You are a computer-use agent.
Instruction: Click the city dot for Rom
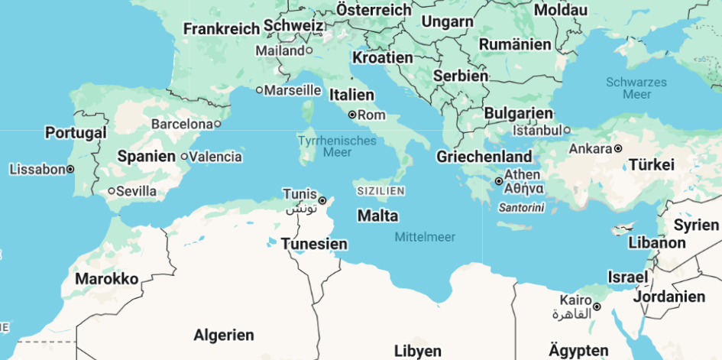[352, 115]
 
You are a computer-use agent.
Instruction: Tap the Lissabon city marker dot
[70, 169]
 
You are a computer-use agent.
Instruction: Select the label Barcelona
[181, 124]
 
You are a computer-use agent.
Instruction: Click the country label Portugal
[76, 133]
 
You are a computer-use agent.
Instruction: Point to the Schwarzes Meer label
[636, 88]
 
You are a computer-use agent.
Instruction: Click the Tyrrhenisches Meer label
[337, 147]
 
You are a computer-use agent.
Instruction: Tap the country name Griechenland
[484, 157]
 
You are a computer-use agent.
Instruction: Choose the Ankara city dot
[618, 148]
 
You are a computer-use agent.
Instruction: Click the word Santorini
[521, 207]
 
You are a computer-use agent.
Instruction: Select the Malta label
[377, 216]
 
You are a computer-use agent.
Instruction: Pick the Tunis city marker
[322, 200]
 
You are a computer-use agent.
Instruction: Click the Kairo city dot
[597, 307]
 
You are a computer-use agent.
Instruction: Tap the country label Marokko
[107, 279]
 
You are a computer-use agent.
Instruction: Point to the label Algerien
[224, 335]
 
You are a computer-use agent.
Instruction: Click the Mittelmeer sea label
[425, 237]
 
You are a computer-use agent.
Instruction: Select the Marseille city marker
[260, 90]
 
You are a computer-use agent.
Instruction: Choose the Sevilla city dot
[112, 191]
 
